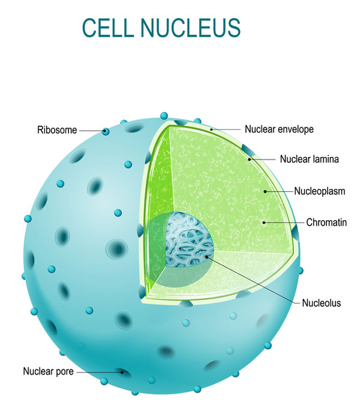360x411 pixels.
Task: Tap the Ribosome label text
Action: pos(58,130)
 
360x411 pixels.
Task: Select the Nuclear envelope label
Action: pos(279,129)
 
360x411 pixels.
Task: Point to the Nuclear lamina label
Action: pos(309,160)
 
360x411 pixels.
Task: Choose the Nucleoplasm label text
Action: pos(320,191)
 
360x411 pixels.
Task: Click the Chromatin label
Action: pos(326,223)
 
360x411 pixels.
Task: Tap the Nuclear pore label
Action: pos(48,371)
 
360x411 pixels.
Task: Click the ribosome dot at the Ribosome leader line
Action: pos(106,131)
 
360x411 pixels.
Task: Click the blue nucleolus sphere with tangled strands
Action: pos(190,241)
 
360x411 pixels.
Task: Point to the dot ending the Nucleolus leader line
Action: pos(207,256)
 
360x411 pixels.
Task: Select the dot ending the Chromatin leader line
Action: pos(263,222)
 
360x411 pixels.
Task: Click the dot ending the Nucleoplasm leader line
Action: pos(264,191)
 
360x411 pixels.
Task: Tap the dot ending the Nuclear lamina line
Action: pos(250,160)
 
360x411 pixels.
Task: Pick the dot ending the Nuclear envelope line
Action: pos(211,128)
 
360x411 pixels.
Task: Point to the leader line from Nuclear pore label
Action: pos(99,372)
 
